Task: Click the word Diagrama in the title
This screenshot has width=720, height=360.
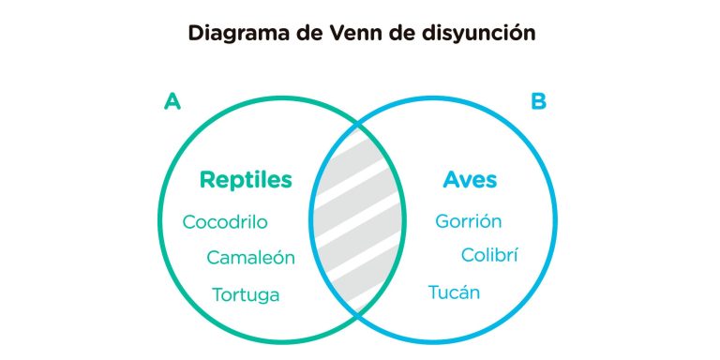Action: pyautogui.click(x=232, y=33)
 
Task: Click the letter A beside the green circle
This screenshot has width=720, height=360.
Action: pyautogui.click(x=172, y=101)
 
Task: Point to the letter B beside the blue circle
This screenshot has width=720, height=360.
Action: pyautogui.click(x=538, y=101)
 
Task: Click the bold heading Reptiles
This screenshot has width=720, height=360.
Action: pyautogui.click(x=246, y=179)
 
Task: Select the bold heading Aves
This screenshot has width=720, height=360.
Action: pyautogui.click(x=470, y=179)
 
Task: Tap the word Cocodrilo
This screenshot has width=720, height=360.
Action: pyautogui.click(x=225, y=222)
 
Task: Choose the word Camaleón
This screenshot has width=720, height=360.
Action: pyautogui.click(x=250, y=258)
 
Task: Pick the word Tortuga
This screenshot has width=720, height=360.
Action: pyautogui.click(x=246, y=294)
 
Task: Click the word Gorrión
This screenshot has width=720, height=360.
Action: pyautogui.click(x=468, y=222)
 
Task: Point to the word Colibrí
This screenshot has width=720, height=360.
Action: pyautogui.click(x=489, y=255)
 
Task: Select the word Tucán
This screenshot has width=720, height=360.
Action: pyautogui.click(x=454, y=292)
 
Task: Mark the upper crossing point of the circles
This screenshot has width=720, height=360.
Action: pyautogui.click(x=357, y=123)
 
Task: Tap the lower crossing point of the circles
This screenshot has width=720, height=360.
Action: pyautogui.click(x=357, y=317)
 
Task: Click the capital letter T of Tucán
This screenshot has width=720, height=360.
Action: pyautogui.click(x=434, y=292)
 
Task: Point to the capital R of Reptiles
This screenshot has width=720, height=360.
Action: pyautogui.click(x=206, y=179)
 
